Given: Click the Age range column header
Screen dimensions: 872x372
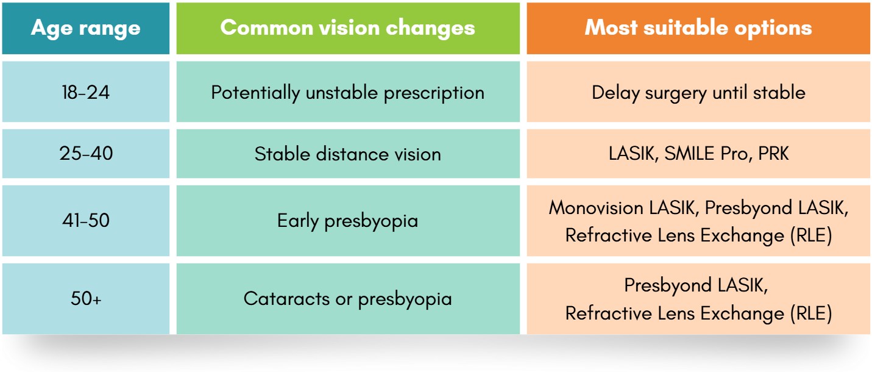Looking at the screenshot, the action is [86, 29].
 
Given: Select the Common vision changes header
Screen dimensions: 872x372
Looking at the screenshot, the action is [348, 29].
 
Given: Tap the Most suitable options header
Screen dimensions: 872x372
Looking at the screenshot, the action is [698, 29].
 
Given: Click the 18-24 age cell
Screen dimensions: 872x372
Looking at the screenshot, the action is [86, 91].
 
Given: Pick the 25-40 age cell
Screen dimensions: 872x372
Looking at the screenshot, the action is [86, 154].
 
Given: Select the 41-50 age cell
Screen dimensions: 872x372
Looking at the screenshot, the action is [86, 221].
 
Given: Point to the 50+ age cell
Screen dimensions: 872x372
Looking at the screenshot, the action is [86, 299].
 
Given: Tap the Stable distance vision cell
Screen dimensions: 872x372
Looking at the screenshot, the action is [348, 154].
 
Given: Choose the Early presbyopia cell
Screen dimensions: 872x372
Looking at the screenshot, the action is [348, 221].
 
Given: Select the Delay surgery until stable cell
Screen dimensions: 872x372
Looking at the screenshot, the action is [698, 91].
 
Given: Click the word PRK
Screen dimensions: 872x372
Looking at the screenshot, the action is [773, 153].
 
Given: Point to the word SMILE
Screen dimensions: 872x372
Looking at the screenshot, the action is [689, 153].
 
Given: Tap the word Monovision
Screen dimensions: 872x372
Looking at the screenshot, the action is [596, 207].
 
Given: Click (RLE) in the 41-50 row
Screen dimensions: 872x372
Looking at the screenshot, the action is [811, 235].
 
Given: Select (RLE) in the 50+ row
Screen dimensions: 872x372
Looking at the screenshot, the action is [811, 313].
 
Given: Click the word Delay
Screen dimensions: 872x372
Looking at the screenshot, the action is [615, 93].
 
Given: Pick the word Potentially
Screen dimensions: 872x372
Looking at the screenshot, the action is [255, 93].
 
